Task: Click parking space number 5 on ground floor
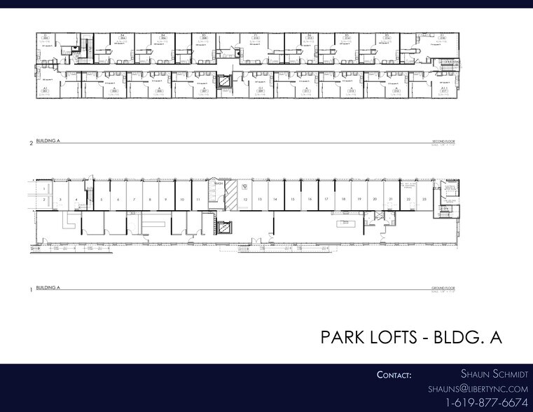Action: tap(102, 200)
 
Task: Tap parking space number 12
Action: tap(246, 200)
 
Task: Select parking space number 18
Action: tap(343, 200)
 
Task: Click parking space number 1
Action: tap(43, 189)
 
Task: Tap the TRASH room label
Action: tap(219, 184)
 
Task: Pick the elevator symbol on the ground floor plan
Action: tap(224, 228)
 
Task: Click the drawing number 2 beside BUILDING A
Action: tap(31, 143)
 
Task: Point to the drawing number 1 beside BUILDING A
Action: tap(31, 289)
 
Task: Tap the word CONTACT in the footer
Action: tap(394, 375)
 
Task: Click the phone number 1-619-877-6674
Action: tap(486, 403)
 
